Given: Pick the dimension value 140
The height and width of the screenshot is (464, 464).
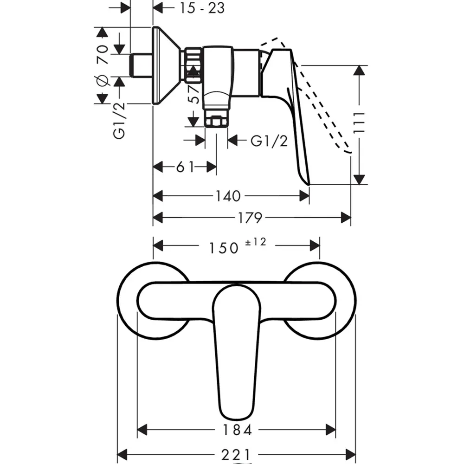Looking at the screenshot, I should [227, 196].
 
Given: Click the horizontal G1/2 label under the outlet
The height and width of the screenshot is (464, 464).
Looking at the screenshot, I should [269, 141].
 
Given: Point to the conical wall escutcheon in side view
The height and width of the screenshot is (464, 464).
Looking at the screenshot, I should [167, 65].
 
